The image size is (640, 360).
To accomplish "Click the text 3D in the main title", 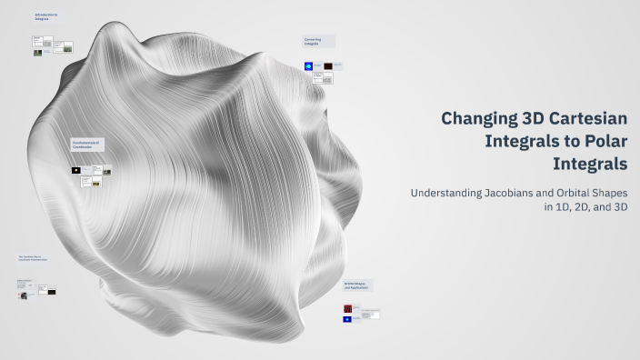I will point(534,119).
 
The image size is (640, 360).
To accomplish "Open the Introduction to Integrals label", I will point(46,17).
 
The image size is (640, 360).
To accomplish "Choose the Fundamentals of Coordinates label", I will point(87,144).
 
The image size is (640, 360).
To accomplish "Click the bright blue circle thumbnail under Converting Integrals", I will point(308,66).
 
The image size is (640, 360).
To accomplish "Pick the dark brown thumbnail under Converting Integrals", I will point(327,66).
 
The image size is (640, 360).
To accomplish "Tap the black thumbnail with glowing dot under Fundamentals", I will point(76,170).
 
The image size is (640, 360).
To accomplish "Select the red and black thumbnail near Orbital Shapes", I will point(347,308).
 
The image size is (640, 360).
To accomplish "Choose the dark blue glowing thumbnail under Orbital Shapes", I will point(347,319).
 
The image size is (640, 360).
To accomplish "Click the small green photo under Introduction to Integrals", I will point(37,53).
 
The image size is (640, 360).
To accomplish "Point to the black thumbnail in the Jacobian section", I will point(52,291).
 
